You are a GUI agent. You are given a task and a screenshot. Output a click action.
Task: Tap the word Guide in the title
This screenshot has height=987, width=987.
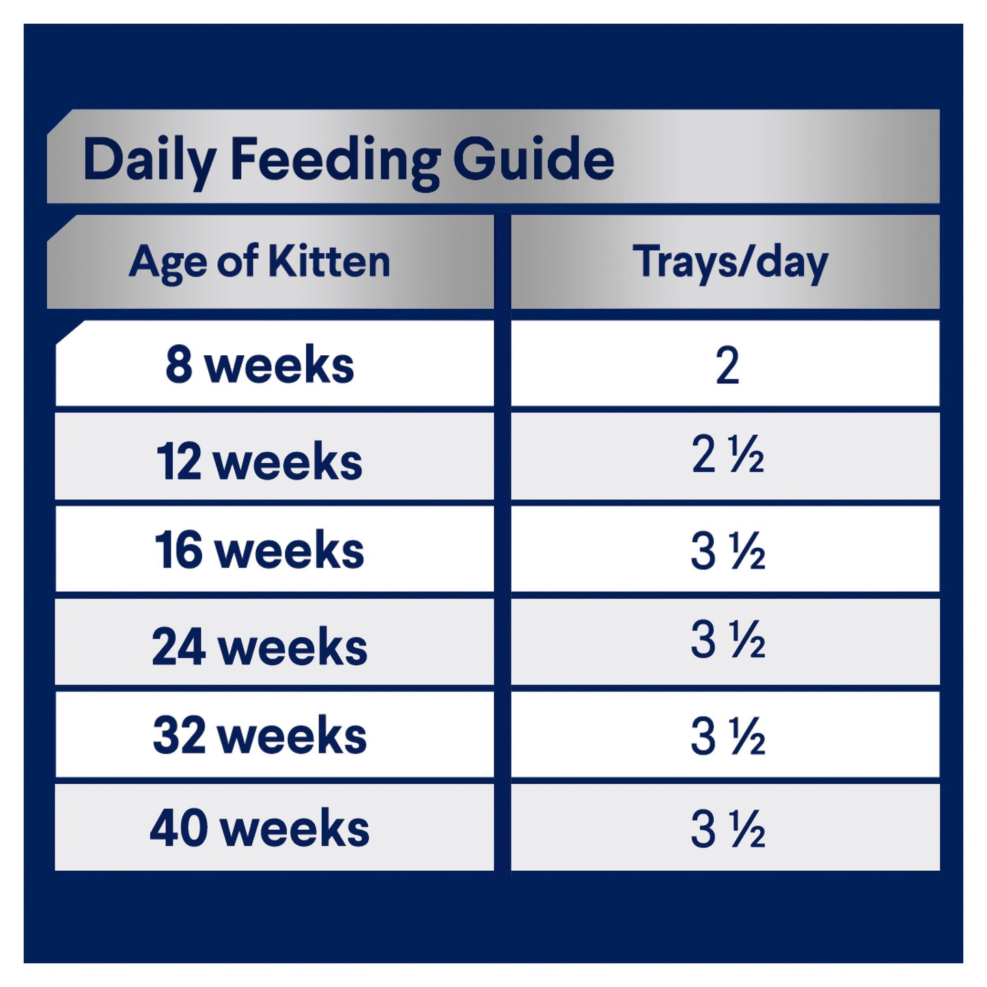click(x=533, y=159)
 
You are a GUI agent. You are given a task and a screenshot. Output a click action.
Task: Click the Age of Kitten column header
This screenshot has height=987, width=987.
click(x=260, y=262)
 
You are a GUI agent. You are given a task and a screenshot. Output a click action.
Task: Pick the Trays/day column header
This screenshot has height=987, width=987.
click(x=729, y=262)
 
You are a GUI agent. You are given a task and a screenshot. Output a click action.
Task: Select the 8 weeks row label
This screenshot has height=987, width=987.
click(x=260, y=365)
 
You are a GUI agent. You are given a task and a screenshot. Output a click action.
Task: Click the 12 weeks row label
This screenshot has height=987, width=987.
click(x=260, y=462)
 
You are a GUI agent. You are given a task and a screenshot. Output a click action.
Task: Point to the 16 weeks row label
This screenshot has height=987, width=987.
click(x=260, y=551)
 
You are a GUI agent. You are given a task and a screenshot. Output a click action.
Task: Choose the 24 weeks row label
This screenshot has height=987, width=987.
click(x=260, y=646)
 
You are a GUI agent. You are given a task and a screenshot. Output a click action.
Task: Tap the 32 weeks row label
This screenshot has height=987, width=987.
click(x=260, y=736)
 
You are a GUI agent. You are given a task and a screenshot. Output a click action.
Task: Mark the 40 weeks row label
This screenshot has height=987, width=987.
click(x=260, y=829)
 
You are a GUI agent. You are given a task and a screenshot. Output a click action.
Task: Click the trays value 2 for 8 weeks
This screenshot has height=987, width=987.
click(x=727, y=365)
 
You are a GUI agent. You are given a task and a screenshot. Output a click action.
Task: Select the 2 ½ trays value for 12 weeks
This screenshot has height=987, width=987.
click(x=727, y=455)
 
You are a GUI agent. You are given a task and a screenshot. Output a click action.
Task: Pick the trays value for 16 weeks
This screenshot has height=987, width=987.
click(x=727, y=551)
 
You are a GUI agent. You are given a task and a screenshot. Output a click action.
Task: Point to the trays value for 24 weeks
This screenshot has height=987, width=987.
click(x=727, y=640)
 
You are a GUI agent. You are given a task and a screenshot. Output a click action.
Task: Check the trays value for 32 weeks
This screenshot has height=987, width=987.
click(x=727, y=736)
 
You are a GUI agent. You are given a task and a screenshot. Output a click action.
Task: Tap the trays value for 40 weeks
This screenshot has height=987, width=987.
click(x=727, y=829)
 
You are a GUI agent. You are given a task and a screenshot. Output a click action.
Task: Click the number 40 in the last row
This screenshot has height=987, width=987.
click(x=179, y=829)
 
